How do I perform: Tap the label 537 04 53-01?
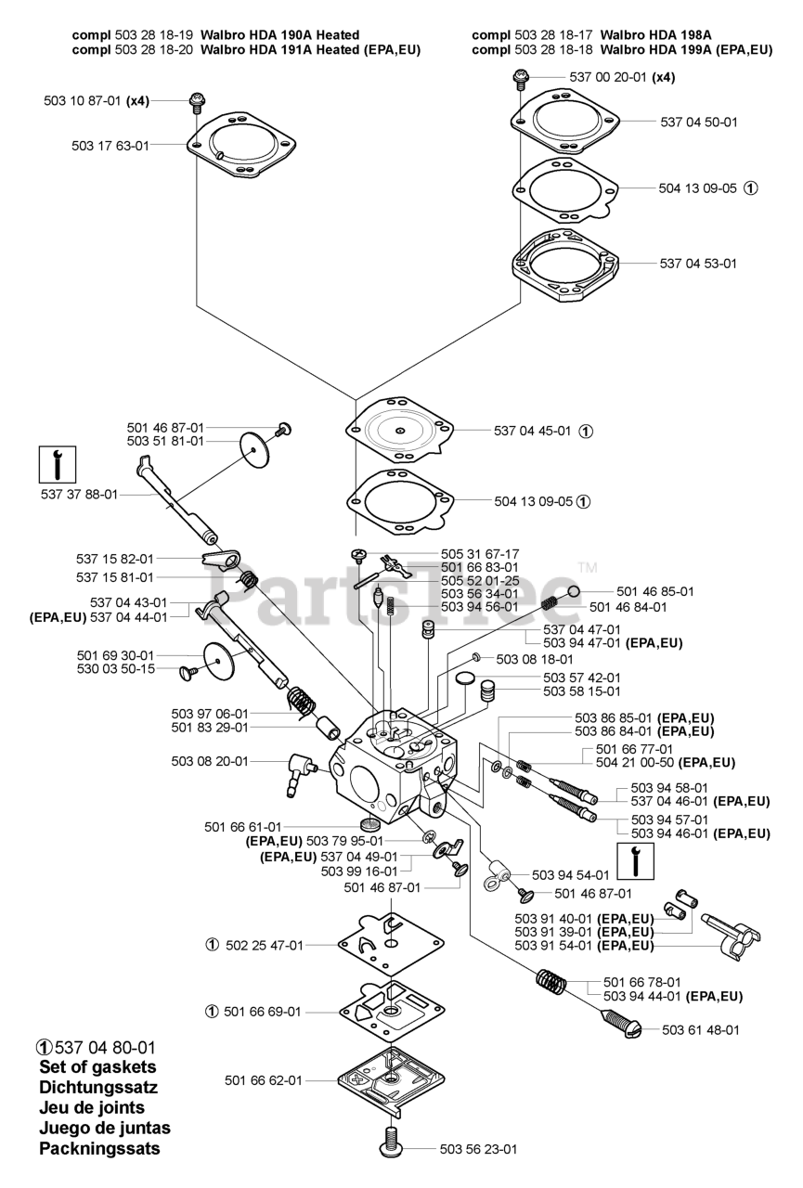[x=698, y=264]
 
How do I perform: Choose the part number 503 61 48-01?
[x=701, y=1029]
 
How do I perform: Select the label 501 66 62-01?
[x=263, y=1080]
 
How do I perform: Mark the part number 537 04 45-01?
[x=532, y=431]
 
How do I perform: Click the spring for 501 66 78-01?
[x=554, y=983]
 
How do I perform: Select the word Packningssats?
[x=99, y=1148]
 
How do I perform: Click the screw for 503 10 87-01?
[x=197, y=100]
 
